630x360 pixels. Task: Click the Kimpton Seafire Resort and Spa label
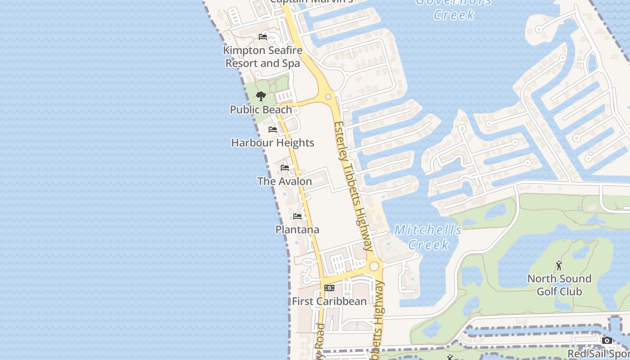click(x=263, y=57)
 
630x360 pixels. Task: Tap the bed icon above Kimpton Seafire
click(x=263, y=37)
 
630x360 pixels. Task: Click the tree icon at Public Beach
click(x=261, y=96)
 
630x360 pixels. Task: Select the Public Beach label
click(x=261, y=109)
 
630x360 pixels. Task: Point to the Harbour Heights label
click(x=273, y=143)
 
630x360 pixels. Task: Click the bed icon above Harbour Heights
click(x=273, y=130)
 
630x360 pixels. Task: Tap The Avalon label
click(x=284, y=181)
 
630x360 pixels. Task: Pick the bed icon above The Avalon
click(x=285, y=168)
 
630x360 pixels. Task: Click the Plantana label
click(x=297, y=229)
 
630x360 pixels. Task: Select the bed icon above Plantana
click(x=297, y=216)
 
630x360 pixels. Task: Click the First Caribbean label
click(x=329, y=301)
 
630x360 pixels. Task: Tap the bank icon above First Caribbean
click(x=329, y=288)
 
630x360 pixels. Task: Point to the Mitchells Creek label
click(x=428, y=237)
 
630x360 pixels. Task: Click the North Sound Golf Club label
click(x=559, y=285)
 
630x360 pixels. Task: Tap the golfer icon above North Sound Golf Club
click(x=559, y=265)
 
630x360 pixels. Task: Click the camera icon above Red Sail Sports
click(x=607, y=340)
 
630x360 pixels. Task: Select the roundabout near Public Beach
click(x=328, y=97)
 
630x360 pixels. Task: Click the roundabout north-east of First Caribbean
click(x=374, y=266)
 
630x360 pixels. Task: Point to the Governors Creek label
click(x=453, y=9)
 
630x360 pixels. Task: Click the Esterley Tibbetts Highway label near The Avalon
click(x=354, y=184)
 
